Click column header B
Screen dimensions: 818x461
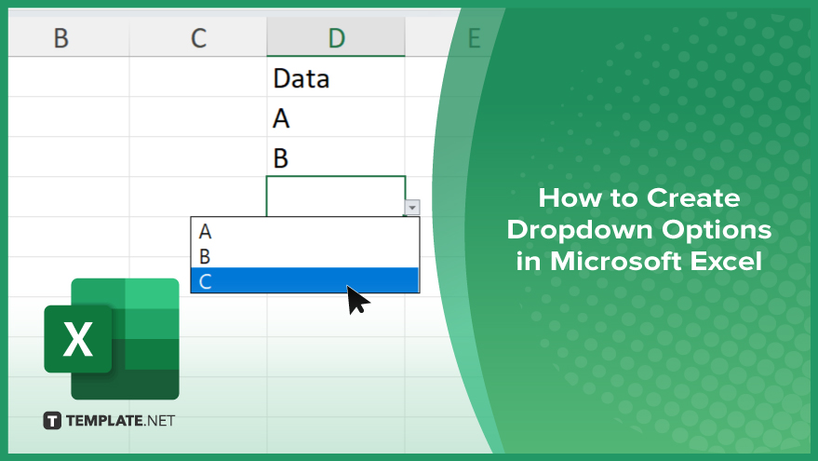61,37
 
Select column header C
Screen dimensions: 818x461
198,37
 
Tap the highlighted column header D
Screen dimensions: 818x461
336,37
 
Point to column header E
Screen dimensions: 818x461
474,37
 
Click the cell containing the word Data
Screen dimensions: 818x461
336,77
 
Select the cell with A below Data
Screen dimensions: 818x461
336,117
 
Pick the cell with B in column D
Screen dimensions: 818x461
336,157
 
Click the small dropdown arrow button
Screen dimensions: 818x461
412,208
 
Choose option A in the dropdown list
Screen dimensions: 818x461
304,231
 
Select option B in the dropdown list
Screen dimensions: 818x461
304,256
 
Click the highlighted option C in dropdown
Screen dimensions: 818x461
304,280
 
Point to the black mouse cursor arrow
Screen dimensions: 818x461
356,299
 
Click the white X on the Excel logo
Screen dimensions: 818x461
78,339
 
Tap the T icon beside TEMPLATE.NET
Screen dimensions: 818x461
52,421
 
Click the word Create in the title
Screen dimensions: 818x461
693,197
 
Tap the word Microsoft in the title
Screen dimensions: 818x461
615,261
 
